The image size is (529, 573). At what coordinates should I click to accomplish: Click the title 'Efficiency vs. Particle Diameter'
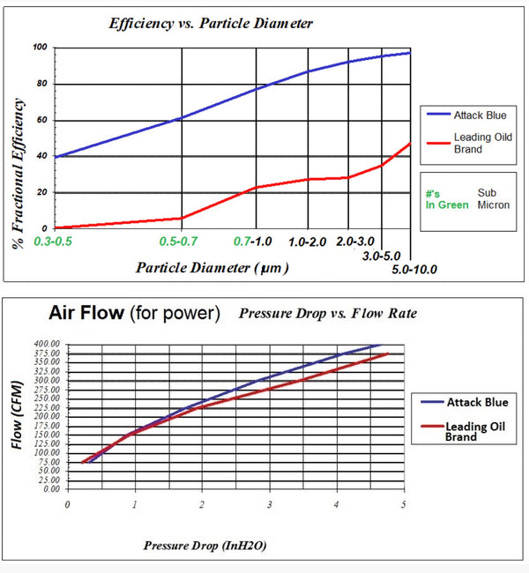pyautogui.click(x=211, y=24)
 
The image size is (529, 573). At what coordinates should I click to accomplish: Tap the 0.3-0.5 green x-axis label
pyautogui.click(x=53, y=242)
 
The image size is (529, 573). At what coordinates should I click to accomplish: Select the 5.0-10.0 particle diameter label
pyautogui.click(x=414, y=270)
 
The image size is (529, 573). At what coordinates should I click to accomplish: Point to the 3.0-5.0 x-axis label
pyautogui.click(x=381, y=256)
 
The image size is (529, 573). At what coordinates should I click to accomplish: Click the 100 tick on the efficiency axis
pyautogui.click(x=40, y=47)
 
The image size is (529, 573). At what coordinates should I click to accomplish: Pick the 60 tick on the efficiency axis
pyautogui.click(x=42, y=120)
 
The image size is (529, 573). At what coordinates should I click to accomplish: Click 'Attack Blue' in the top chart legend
pyautogui.click(x=480, y=115)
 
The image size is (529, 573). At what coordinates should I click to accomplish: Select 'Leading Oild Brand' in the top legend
pyautogui.click(x=483, y=143)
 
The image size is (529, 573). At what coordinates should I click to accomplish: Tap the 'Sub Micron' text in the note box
pyautogui.click(x=494, y=199)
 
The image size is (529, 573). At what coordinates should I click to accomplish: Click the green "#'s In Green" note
pyautogui.click(x=447, y=199)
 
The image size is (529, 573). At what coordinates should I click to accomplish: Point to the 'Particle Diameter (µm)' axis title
pyautogui.click(x=212, y=268)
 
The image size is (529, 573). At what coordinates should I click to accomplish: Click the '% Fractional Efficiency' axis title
pyautogui.click(x=18, y=174)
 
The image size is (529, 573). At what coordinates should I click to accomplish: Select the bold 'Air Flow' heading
pyautogui.click(x=86, y=313)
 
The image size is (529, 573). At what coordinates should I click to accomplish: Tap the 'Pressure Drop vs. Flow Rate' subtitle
pyautogui.click(x=328, y=313)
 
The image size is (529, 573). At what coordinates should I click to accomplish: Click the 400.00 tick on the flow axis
pyautogui.click(x=47, y=344)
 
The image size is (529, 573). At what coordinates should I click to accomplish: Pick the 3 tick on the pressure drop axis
pyautogui.click(x=270, y=504)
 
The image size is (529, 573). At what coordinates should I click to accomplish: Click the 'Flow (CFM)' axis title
pyautogui.click(x=17, y=415)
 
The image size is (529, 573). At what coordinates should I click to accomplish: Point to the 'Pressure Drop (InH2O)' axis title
pyautogui.click(x=205, y=546)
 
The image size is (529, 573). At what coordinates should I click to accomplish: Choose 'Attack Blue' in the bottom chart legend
pyautogui.click(x=478, y=402)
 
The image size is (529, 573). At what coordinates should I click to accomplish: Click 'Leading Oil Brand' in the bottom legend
pyautogui.click(x=475, y=432)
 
